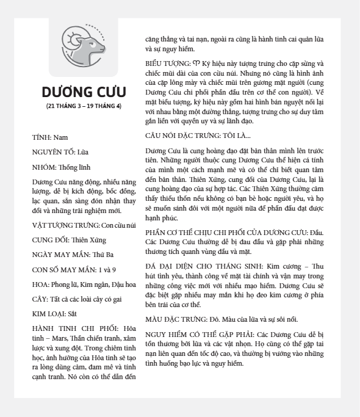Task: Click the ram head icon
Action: pos(83,46)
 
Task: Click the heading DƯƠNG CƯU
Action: pos(84,92)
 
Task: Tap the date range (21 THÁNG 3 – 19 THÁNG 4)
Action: pos(84,106)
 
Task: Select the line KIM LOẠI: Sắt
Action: pos(54,313)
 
